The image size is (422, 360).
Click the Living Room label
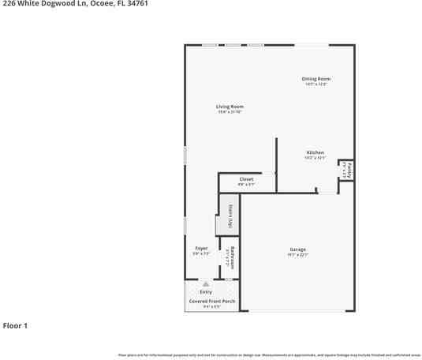pos(230,107)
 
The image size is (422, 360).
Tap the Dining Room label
pos(316,78)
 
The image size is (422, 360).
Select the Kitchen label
pos(315,152)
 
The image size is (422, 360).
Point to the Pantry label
pos(349,170)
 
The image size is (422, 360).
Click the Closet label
pos(246,179)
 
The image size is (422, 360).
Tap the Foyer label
pos(201,248)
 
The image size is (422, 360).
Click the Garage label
pos(297,249)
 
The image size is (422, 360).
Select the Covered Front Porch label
pos(211,301)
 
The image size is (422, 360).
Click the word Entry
pos(206,292)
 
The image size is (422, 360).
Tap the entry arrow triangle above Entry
pos(206,283)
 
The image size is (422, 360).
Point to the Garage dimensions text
pos(297,255)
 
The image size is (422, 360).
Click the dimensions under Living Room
pos(230,112)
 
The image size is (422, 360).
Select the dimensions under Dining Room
pos(316,84)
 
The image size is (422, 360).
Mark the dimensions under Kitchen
pos(315,158)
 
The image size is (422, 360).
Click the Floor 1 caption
pos(15,325)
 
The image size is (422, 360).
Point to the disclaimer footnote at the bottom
pos(269,355)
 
